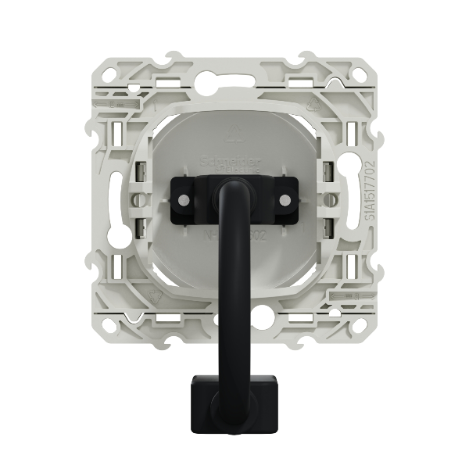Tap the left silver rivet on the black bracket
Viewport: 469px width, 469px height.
pyautogui.click(x=183, y=200)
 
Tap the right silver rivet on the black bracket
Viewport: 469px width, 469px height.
pyautogui.click(x=285, y=200)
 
